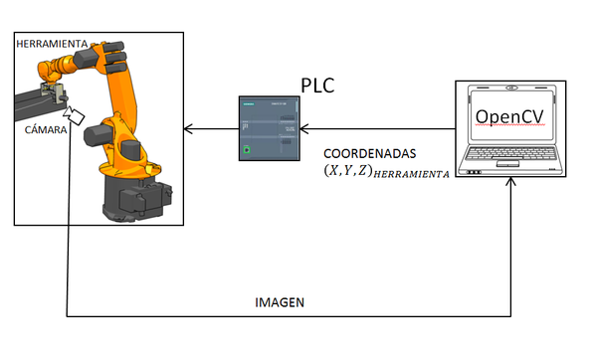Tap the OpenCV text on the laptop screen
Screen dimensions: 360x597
509,116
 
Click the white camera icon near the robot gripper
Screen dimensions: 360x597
77,116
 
